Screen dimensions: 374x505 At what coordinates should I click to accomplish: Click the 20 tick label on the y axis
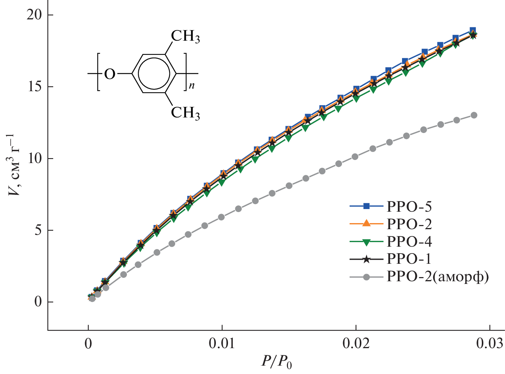click(x=34, y=15)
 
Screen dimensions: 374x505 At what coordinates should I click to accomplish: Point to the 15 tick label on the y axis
click(x=34, y=87)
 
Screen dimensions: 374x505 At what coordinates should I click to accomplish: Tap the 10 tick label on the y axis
click(x=34, y=158)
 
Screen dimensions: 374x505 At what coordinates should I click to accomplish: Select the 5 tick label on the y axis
click(x=38, y=230)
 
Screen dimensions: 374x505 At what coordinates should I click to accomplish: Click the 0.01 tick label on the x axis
click(x=222, y=344)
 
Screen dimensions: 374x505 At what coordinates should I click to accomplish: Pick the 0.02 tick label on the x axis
click(x=356, y=344)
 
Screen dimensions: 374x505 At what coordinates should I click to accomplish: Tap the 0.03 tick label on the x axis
click(x=489, y=344)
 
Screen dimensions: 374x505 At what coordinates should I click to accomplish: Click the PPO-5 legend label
click(x=409, y=206)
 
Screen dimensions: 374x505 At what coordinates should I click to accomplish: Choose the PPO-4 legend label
click(x=409, y=241)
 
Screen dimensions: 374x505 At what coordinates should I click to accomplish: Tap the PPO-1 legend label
click(x=409, y=259)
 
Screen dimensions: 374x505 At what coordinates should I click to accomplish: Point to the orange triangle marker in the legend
click(x=366, y=223)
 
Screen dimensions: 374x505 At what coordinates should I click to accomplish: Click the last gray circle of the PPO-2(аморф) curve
click(x=473, y=115)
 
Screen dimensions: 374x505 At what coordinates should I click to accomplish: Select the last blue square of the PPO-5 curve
click(x=473, y=30)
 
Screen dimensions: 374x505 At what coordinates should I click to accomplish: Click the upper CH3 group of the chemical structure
click(x=185, y=36)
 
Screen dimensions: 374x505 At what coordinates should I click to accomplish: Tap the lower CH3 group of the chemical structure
click(x=185, y=113)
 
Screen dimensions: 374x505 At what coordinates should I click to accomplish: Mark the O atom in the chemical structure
click(x=109, y=74)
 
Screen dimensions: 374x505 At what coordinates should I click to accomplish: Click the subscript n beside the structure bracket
click(x=192, y=86)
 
